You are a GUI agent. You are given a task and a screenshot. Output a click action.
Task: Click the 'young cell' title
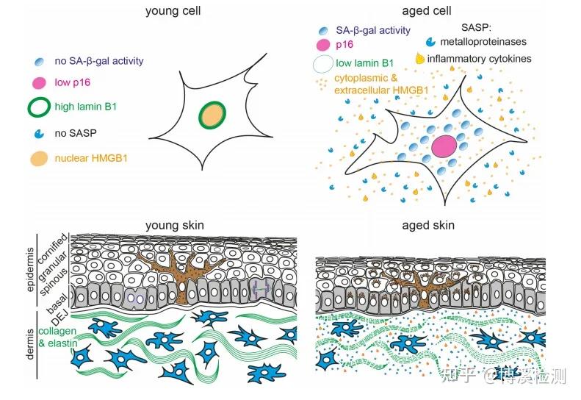click(173, 11)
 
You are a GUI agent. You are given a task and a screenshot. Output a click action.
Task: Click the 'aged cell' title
click(427, 11)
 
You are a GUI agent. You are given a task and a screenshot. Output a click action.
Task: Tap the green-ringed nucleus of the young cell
click(212, 115)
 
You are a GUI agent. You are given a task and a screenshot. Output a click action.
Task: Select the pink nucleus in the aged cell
click(444, 146)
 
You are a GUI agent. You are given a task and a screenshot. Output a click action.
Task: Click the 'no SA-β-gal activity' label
click(99, 61)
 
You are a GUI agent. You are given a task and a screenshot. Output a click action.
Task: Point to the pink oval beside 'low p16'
click(39, 83)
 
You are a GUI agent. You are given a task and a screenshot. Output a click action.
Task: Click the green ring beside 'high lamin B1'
click(39, 107)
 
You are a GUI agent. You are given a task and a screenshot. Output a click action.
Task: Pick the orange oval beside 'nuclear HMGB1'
click(39, 158)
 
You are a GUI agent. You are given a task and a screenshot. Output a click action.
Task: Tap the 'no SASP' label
click(76, 133)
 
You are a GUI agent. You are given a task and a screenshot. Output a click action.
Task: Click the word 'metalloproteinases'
click(483, 42)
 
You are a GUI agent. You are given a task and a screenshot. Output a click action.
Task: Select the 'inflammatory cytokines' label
click(479, 59)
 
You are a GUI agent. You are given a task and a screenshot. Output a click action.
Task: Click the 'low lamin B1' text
click(364, 63)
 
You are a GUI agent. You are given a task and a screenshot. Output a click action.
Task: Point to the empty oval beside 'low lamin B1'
click(323, 64)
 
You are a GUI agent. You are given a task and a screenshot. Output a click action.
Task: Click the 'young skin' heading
click(175, 226)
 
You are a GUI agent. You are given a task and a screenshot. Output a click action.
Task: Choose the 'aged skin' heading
click(428, 226)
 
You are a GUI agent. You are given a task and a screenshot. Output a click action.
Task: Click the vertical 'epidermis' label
click(30, 270)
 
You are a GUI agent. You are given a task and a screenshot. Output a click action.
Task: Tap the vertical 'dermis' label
click(30, 344)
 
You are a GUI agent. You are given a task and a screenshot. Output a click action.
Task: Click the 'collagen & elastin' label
click(58, 337)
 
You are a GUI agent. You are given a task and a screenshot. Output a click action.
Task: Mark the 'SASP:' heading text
click(476, 27)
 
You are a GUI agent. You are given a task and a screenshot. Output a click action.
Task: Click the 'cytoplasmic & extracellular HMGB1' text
click(381, 85)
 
